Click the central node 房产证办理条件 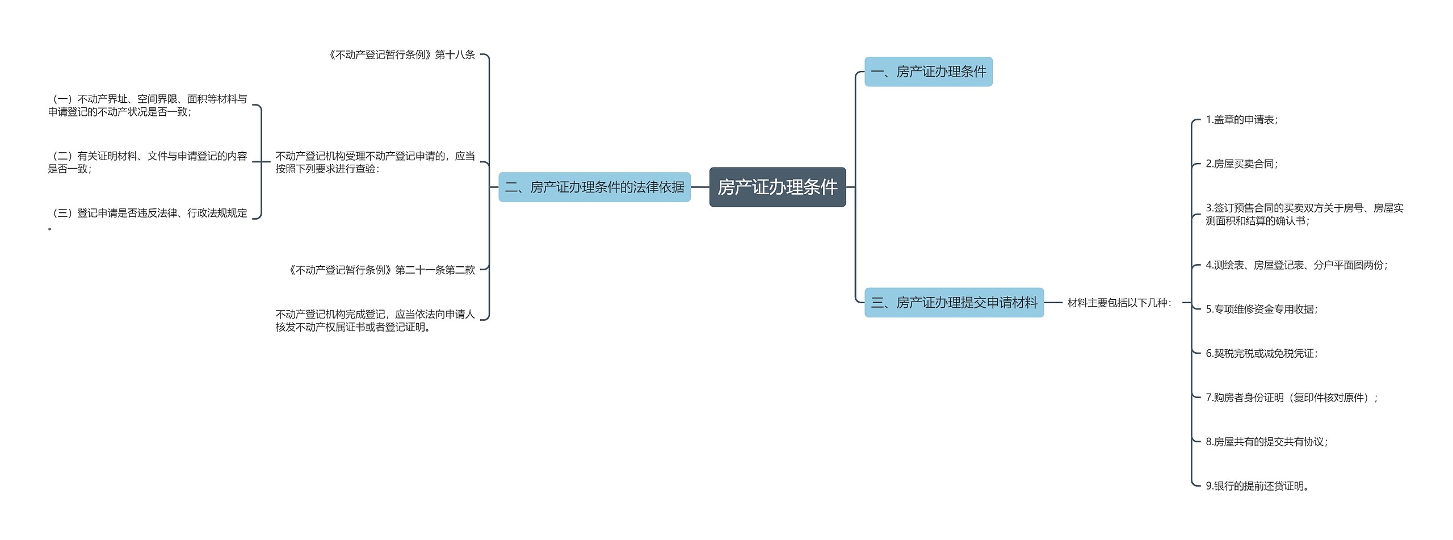[x=777, y=187]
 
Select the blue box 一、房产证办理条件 [x=928, y=72]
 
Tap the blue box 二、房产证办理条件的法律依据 [x=594, y=187]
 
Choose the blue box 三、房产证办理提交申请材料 [x=954, y=303]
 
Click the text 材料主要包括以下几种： [x=1119, y=303]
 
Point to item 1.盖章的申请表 [x=1241, y=120]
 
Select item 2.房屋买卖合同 [x=1241, y=164]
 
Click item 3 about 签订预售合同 [x=1304, y=215]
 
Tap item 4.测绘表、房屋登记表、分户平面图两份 [x=1296, y=265]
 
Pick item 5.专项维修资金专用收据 [x=1261, y=309]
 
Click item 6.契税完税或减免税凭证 [x=1261, y=354]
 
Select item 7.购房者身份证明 [x=1291, y=397]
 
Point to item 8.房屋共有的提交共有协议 [x=1266, y=442]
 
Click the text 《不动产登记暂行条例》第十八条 [x=401, y=55]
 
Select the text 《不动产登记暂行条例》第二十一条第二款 [x=381, y=270]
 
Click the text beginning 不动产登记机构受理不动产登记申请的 [x=375, y=162]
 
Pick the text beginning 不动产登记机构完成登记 [x=375, y=321]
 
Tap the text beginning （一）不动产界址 [x=148, y=106]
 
